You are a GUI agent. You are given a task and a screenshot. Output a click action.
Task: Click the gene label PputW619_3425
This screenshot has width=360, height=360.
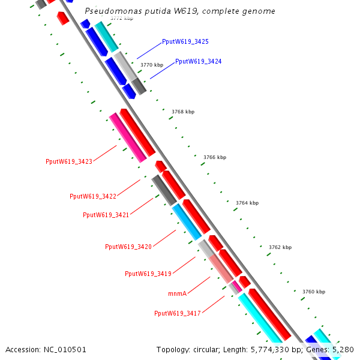pos(185,42)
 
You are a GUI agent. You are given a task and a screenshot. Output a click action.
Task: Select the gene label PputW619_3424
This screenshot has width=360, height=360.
pos(198,62)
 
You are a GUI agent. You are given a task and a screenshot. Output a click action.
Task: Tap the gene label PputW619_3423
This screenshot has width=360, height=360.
pos(69,161)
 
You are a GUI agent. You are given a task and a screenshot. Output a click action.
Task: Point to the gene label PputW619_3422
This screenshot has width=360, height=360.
pos(93,196)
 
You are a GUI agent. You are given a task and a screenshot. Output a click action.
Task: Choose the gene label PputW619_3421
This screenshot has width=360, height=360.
pos(106,215)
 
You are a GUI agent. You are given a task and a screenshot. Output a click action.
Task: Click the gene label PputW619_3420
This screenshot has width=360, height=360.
pos(128,247)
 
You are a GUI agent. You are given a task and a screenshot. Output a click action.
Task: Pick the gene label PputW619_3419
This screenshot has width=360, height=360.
pos(148,274)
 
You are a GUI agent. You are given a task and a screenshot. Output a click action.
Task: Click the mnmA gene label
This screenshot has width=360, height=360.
pos(178,293)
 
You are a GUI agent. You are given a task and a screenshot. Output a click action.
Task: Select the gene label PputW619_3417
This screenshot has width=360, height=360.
pos(178,313)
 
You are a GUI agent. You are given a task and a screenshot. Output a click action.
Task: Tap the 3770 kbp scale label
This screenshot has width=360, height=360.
pos(151,65)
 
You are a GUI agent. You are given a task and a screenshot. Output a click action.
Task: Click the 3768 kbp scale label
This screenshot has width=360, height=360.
pos(183,112)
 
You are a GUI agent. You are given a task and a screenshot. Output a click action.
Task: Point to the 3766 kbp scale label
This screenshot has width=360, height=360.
pos(215,157)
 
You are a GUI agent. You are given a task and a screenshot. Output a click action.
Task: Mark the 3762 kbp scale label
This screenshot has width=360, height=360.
pos(280,247)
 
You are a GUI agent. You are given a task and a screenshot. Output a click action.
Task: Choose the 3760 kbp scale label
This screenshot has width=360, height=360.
pos(313,292)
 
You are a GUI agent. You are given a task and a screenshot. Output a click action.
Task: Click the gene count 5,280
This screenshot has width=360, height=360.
pos(343,349)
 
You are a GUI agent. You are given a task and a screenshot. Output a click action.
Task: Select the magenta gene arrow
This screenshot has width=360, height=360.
pos(127,137)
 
